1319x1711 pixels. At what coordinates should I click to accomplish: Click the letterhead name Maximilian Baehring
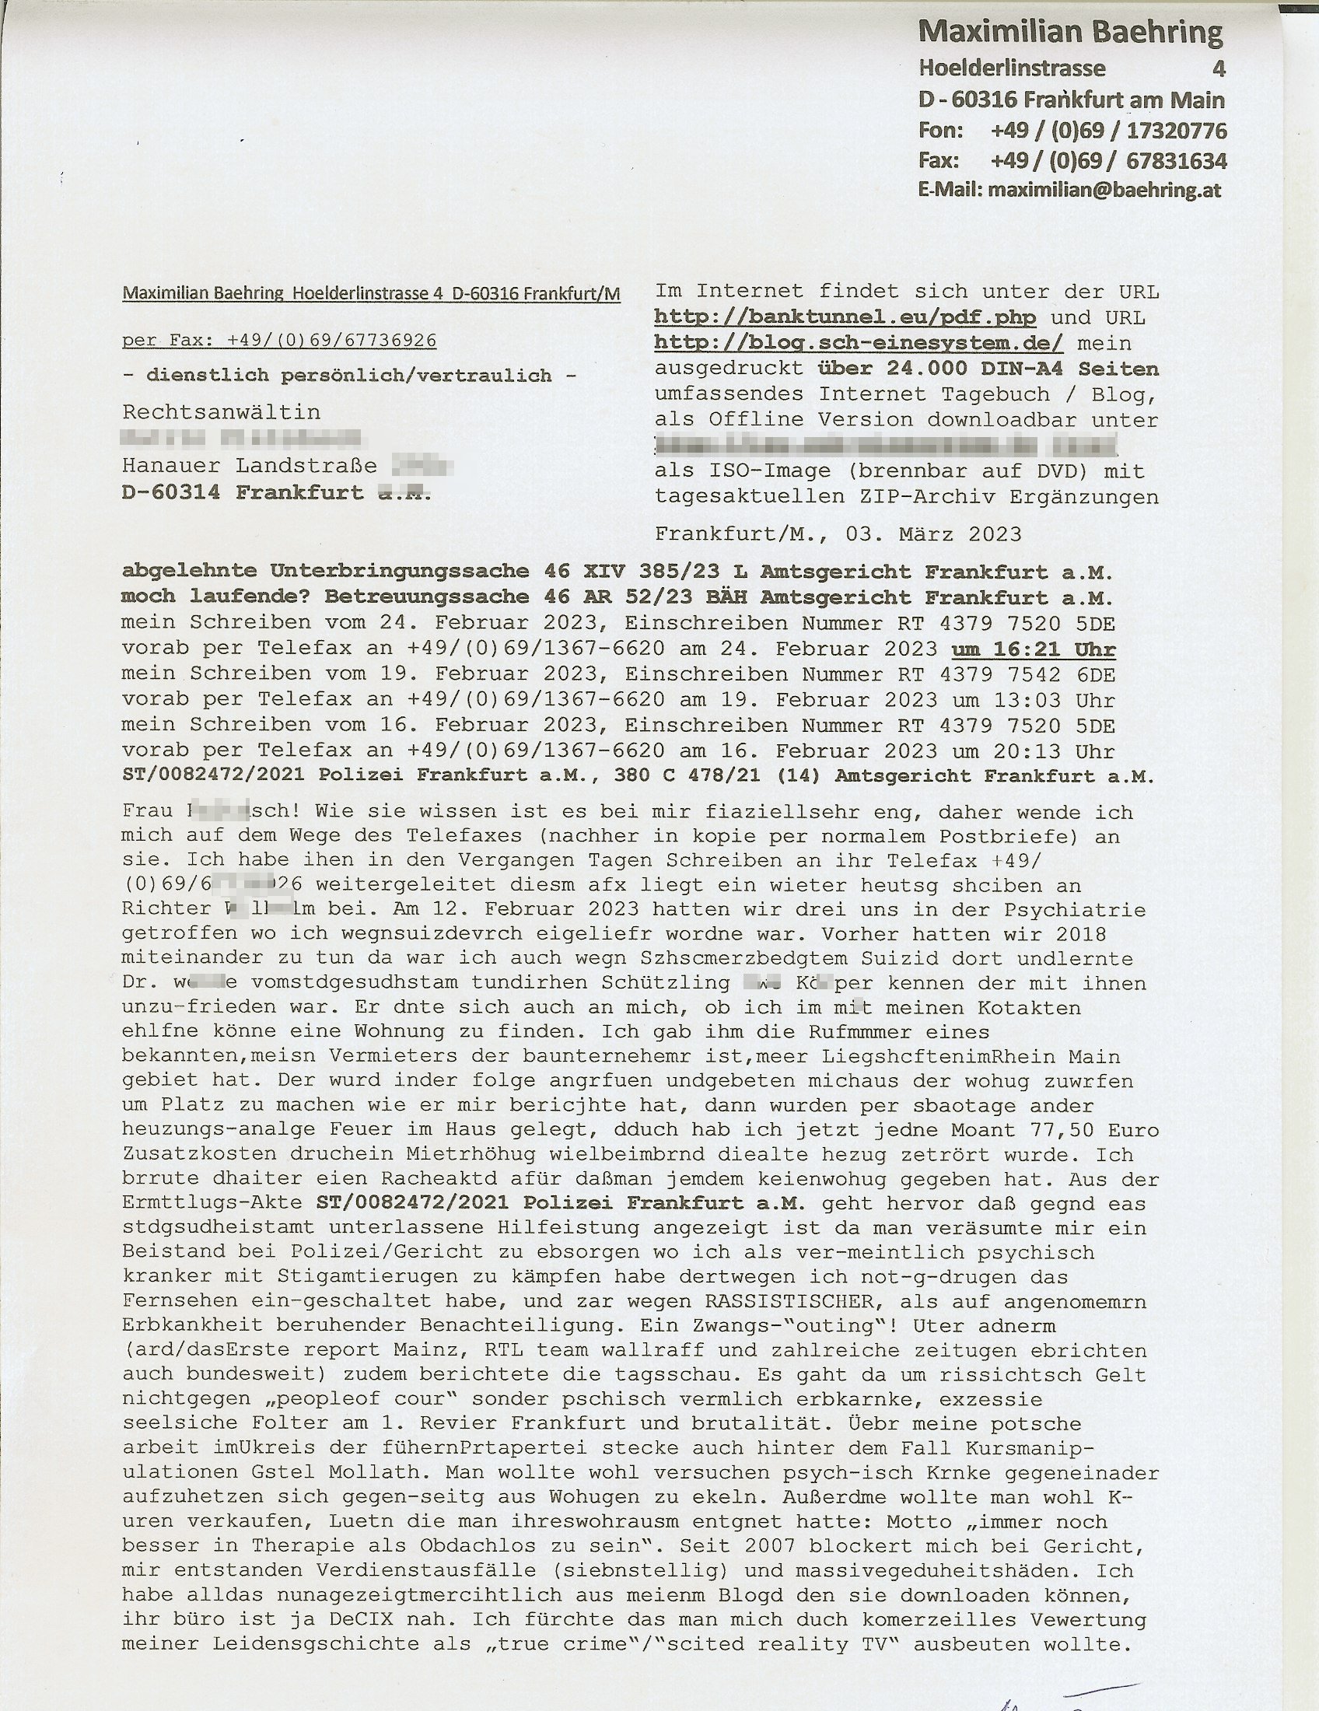click(1070, 33)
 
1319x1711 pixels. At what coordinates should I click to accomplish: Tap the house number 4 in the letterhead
click(1218, 69)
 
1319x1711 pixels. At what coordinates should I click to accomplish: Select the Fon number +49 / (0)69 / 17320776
click(1107, 130)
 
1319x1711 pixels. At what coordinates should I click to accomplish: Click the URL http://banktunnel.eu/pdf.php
click(845, 317)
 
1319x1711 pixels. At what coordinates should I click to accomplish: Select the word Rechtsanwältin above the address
click(221, 412)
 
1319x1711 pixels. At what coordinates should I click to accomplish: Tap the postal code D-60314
click(171, 493)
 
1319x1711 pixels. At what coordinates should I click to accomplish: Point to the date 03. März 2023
click(933, 534)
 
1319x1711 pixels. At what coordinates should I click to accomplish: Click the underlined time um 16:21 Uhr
click(1033, 649)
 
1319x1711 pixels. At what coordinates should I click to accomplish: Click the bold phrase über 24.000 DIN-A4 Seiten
click(988, 368)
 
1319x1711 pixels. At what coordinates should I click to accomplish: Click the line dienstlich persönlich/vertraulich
click(349, 376)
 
